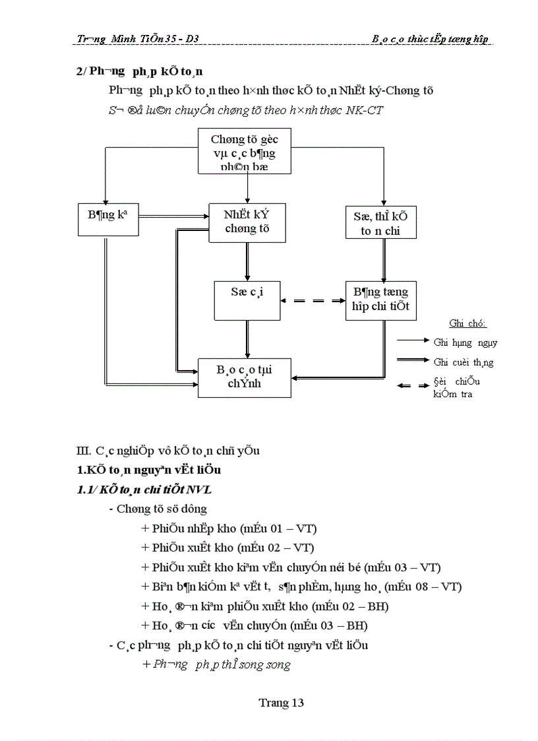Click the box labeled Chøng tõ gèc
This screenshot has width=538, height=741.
point(245,152)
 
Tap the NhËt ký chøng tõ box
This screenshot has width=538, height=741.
point(246,222)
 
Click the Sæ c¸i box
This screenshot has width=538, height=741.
point(247,301)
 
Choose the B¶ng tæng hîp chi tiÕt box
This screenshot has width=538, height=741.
point(380,300)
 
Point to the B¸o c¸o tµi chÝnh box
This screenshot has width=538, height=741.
point(244,377)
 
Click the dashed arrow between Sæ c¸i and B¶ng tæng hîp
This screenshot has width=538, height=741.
point(313,300)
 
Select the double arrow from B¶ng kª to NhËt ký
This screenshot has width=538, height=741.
point(173,215)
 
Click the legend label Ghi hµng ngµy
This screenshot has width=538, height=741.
point(465,342)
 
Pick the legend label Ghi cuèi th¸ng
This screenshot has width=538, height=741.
point(463,362)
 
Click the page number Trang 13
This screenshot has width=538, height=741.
point(282,703)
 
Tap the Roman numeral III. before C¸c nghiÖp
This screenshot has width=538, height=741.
point(84,451)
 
